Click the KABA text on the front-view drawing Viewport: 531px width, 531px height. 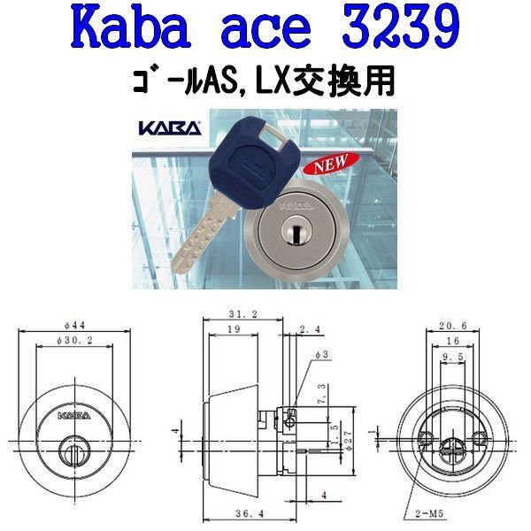click(78, 413)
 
